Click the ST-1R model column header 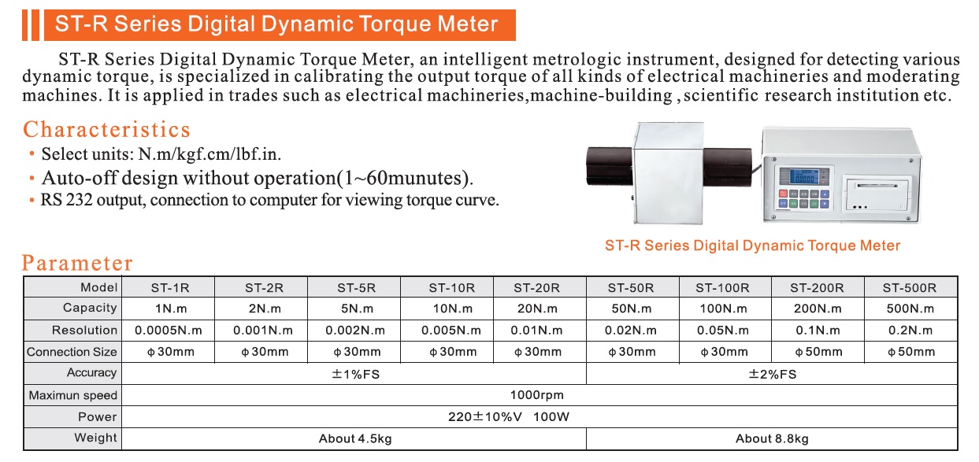[x=170, y=288]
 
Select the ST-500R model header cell [x=910, y=288]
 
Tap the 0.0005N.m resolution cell [x=169, y=331]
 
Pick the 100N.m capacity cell [x=723, y=309]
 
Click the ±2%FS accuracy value [x=773, y=374]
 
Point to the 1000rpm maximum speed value [x=536, y=395]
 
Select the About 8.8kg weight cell [x=772, y=439]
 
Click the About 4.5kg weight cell [x=355, y=439]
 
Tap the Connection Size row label [x=72, y=352]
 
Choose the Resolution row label [x=84, y=331]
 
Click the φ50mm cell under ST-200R [x=818, y=352]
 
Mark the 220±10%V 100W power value [x=508, y=417]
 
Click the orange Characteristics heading [x=106, y=130]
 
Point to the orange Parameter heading [x=77, y=263]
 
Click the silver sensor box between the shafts [x=669, y=173]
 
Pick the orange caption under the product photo [x=752, y=246]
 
